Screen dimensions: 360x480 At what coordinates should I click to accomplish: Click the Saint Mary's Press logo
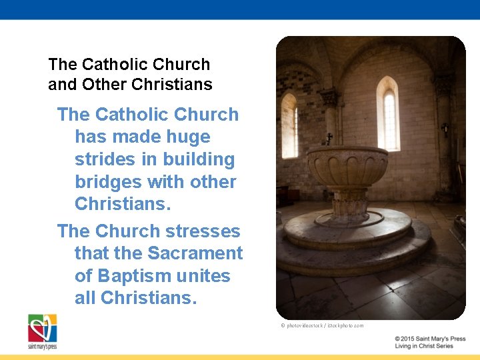click(x=42, y=331)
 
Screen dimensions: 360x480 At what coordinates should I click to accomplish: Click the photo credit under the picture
click(x=322, y=325)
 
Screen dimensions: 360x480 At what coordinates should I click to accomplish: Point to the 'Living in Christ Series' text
click(x=424, y=347)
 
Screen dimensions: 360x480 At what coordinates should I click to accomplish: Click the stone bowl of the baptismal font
click(x=347, y=167)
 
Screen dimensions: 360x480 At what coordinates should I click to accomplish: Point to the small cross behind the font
click(x=329, y=139)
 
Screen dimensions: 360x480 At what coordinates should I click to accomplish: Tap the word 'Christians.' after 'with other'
click(x=123, y=204)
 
